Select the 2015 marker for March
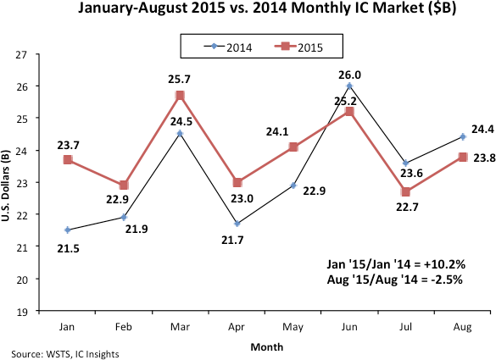180,95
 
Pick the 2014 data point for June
348,86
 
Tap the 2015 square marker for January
67,159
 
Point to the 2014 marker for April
236,224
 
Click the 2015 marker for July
404,191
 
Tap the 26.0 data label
349,73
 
